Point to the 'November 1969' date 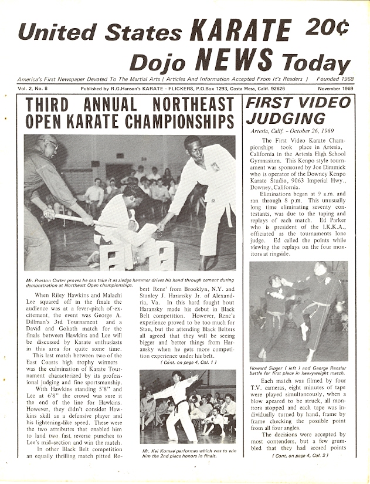[331, 89]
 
